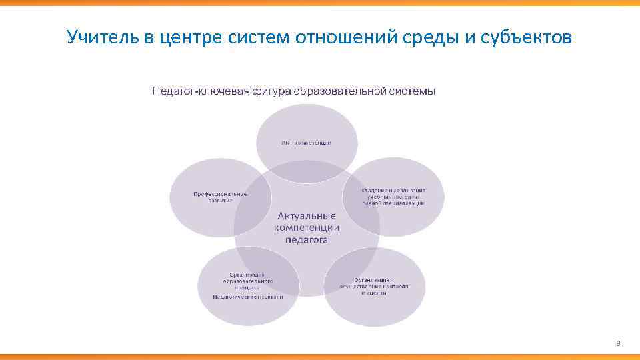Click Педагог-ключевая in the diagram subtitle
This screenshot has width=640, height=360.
pyautogui.click(x=198, y=91)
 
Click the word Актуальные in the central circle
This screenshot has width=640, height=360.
pyautogui.click(x=307, y=216)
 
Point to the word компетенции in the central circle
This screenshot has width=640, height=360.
pyautogui.click(x=307, y=228)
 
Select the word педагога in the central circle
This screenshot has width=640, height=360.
pyautogui.click(x=307, y=240)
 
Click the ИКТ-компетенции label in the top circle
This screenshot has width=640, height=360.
pyautogui.click(x=306, y=143)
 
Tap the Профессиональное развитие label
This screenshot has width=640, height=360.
pyautogui.click(x=220, y=197)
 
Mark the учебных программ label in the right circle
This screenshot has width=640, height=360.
pyautogui.click(x=393, y=197)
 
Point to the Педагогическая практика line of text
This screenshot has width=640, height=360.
pyautogui.click(x=247, y=297)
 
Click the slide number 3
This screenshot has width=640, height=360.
pyautogui.click(x=618, y=343)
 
